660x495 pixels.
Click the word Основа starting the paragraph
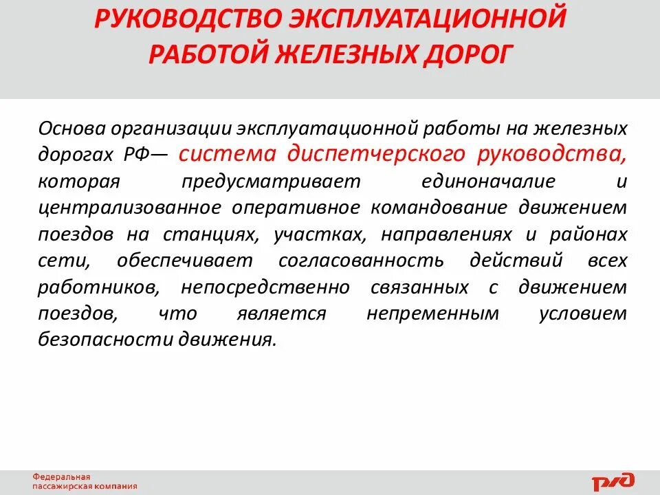coord(70,129)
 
